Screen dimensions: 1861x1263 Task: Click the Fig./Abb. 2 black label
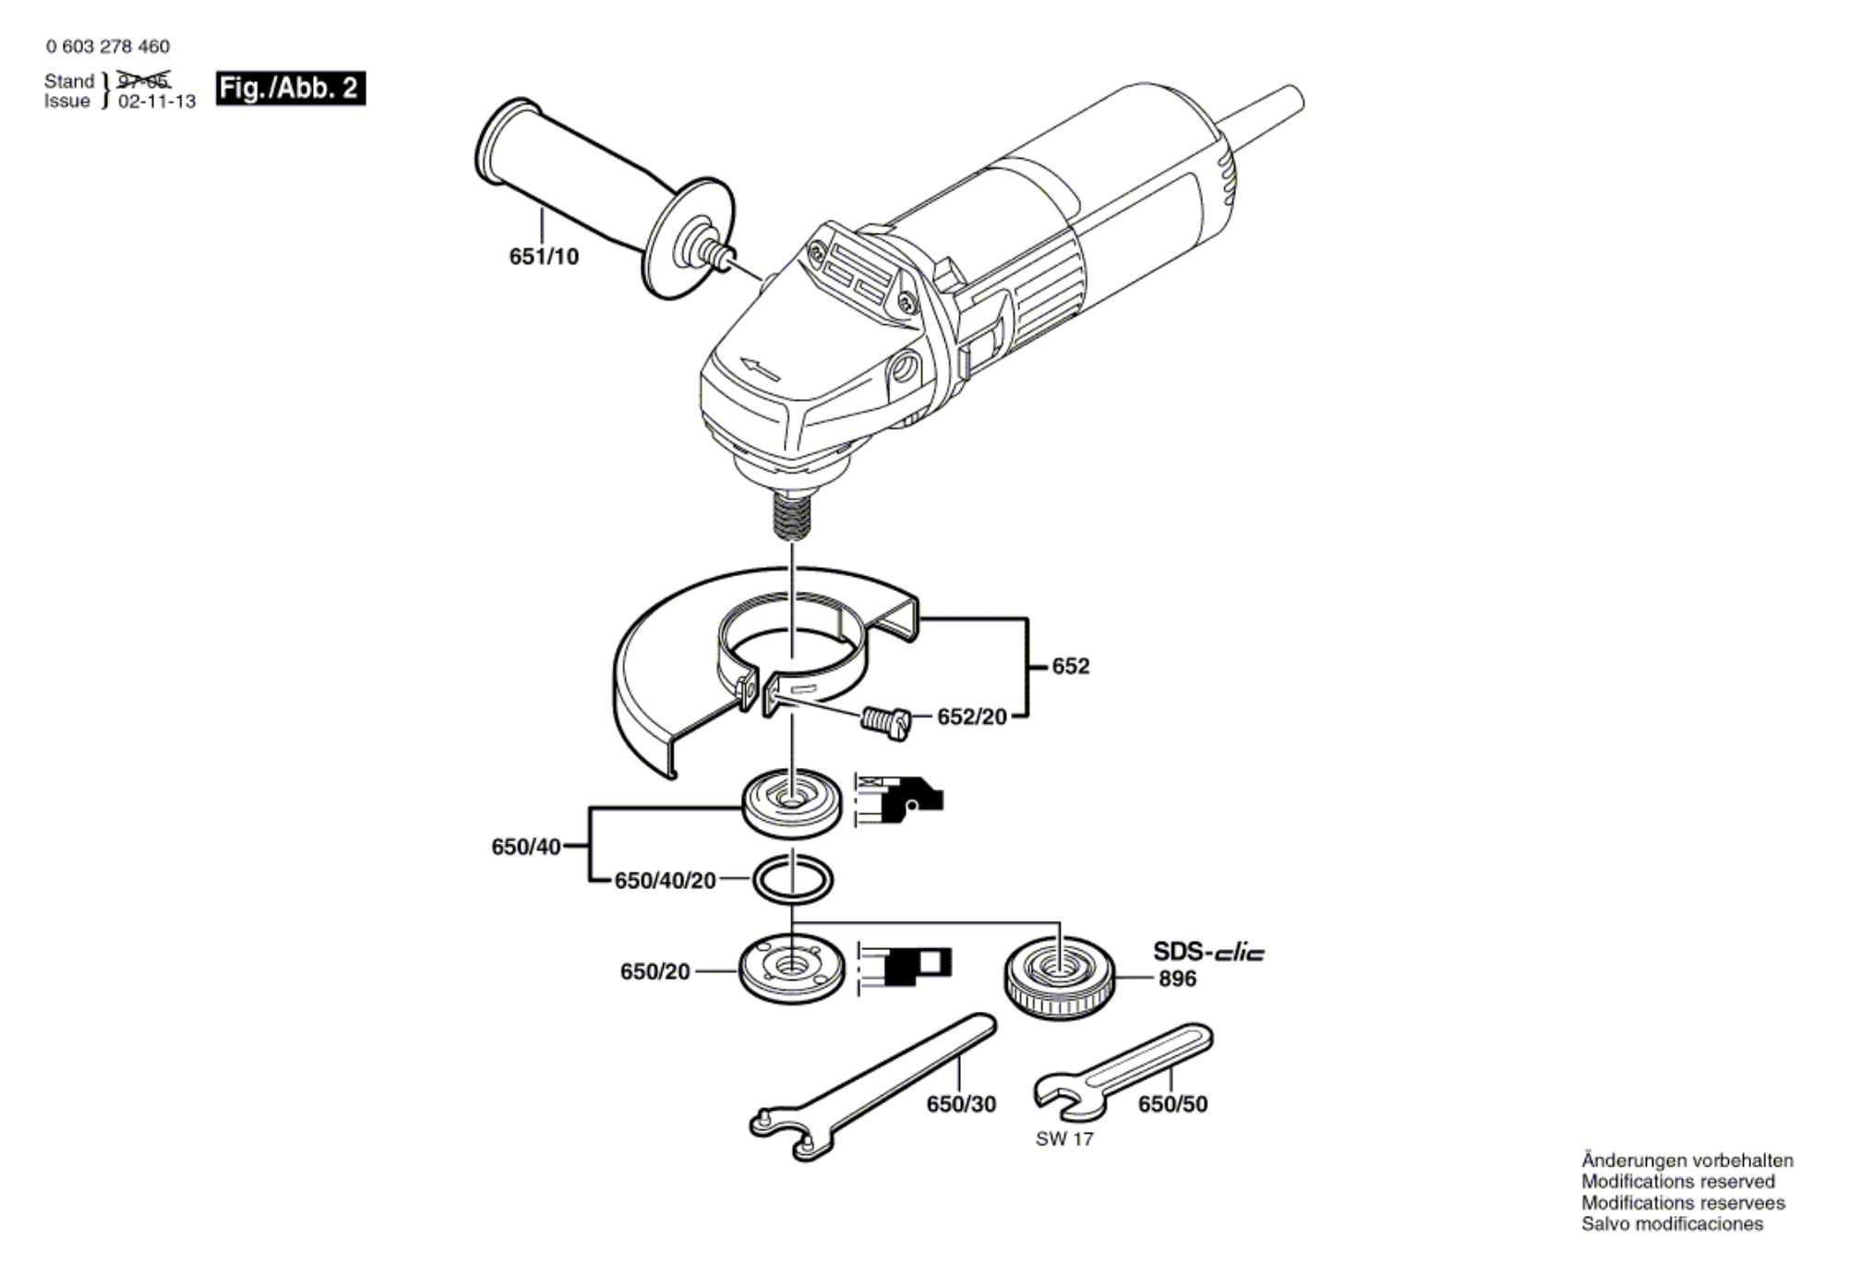pos(291,89)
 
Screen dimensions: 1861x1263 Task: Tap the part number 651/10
pos(544,257)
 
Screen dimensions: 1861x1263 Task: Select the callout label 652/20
pos(972,717)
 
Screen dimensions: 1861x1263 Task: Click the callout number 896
pos(1177,979)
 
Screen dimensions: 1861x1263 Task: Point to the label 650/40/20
pos(665,881)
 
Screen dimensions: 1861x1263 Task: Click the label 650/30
pos(961,1104)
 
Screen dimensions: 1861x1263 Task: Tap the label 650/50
pos(1172,1104)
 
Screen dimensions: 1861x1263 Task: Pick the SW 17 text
pos(1064,1139)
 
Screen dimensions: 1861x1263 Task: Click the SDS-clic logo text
pos(1208,952)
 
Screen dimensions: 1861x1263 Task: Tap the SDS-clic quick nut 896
pos(1059,980)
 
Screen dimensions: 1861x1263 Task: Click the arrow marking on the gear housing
pos(760,368)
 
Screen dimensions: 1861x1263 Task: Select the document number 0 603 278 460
pos(107,46)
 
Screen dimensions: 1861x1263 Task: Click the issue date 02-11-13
pos(157,102)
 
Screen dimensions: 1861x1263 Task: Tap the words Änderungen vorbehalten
pos(1687,1161)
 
